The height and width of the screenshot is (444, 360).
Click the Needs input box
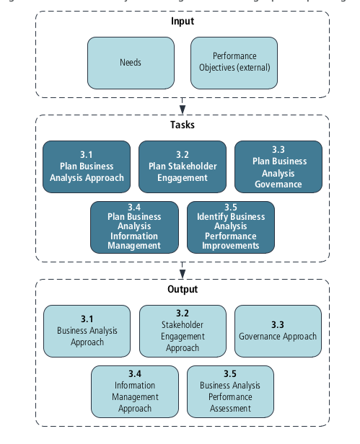131,63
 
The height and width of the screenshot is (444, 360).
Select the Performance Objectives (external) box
234,63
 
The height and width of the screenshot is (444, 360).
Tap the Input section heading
183,21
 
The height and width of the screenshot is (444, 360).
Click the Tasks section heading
183,125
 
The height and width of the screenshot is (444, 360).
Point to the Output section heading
183,289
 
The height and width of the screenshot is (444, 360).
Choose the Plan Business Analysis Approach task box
87,166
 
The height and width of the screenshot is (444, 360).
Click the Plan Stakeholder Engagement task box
183,166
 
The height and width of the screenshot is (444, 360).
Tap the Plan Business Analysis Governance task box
278,166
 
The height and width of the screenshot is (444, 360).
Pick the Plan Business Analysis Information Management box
134,227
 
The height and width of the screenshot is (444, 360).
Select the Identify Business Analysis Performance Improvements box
230,227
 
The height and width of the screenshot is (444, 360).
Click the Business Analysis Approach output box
87,331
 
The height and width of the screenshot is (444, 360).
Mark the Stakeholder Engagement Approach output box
183,331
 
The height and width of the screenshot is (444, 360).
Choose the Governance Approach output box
278,331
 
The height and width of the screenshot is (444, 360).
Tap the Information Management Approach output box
134,391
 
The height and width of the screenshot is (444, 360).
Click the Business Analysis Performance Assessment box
230,391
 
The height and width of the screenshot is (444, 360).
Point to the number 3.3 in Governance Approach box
278,324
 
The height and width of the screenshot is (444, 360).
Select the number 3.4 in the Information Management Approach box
134,373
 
